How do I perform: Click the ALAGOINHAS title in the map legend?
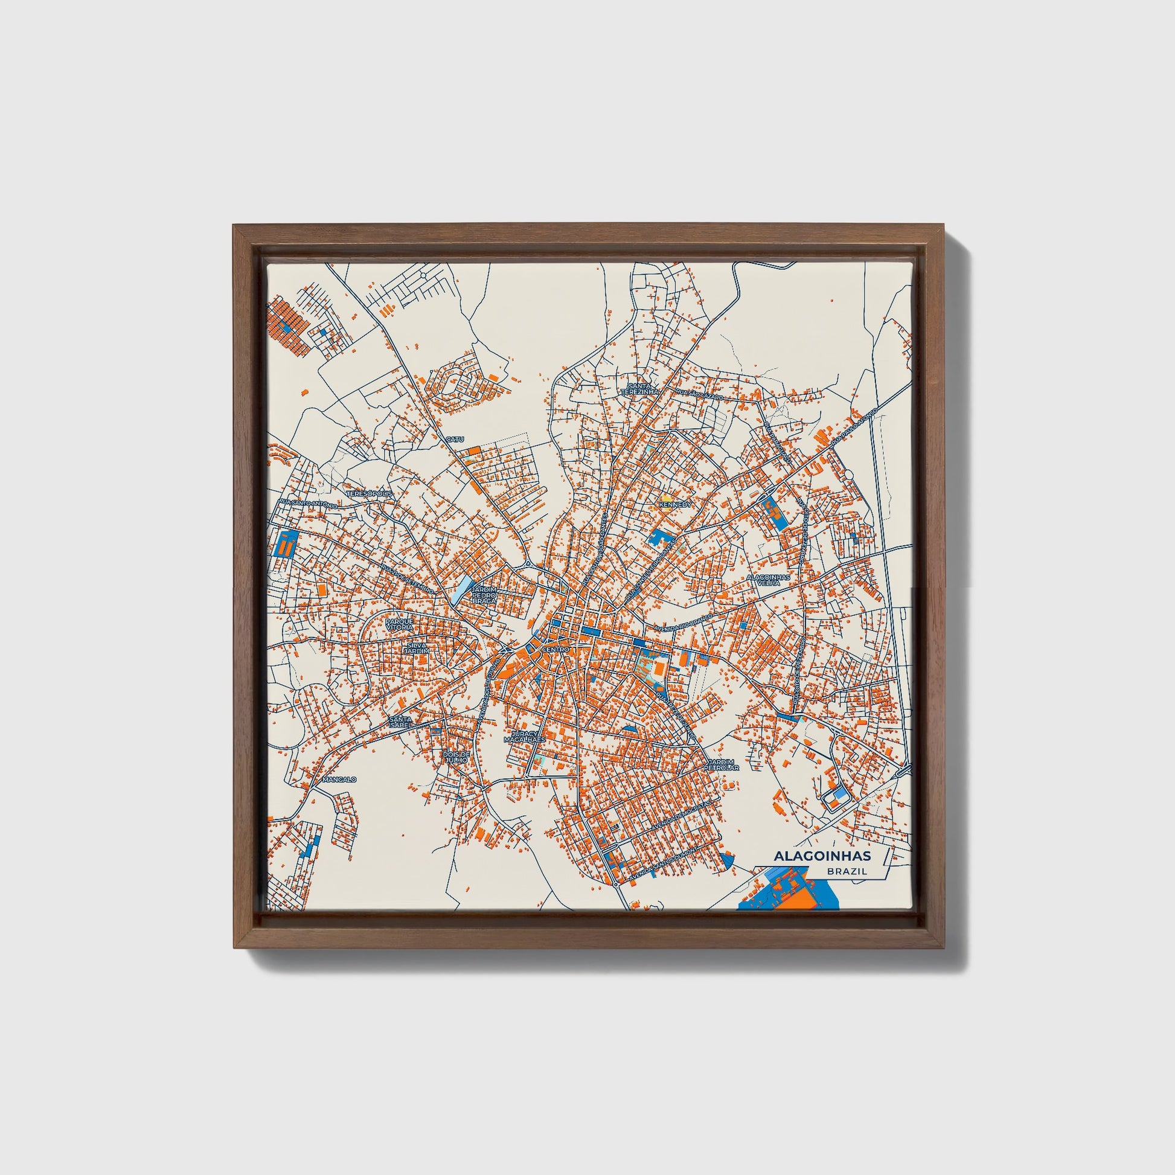coord(822,856)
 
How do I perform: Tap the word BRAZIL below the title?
coord(846,871)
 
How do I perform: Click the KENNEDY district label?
coord(676,504)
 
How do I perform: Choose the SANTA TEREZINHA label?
coord(641,390)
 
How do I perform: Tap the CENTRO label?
coord(555,650)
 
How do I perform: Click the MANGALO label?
coord(339,779)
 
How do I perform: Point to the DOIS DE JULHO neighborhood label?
coord(456,757)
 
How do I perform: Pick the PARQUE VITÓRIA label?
coord(400,624)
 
